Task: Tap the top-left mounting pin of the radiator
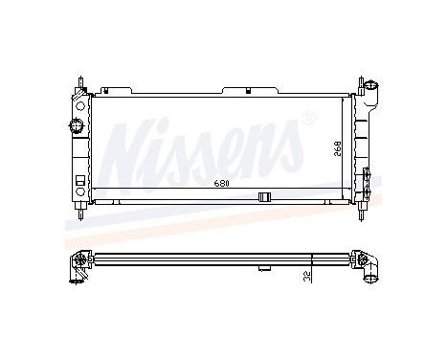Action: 80,77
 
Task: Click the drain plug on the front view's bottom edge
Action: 265,197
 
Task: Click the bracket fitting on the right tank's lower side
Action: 368,177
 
